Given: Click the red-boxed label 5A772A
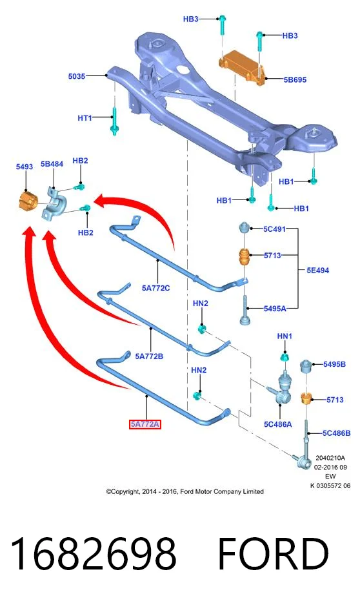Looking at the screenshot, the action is pos(145,424).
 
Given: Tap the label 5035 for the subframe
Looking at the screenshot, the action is pos(76,76).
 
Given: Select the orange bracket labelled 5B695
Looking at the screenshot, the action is pos(243,67).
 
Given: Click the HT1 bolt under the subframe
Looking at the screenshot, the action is pos(114,121).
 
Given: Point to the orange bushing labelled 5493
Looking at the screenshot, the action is pos(27,200).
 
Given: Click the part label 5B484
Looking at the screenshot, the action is pos(52,163).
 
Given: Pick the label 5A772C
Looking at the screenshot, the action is pos(155,288).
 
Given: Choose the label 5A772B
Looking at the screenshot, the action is pos(149,356).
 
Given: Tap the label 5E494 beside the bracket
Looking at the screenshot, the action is pos(317,270).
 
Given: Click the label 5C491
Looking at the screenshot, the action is pos(274,229).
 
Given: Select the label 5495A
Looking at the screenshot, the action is pos(275,308).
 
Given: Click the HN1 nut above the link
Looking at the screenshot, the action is pos(285,356).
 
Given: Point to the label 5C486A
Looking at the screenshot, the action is pos(277,424).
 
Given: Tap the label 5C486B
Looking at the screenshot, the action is pos(337,433).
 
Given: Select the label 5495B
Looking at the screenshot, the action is pos(334,364).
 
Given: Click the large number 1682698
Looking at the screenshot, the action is pos(94,554).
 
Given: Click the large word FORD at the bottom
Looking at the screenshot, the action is pos(274,554).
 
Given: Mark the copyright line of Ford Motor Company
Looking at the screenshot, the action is pos(185,491).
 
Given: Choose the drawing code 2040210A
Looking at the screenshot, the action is pos(330,458).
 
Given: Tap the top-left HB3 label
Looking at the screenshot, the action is pos(190,19).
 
